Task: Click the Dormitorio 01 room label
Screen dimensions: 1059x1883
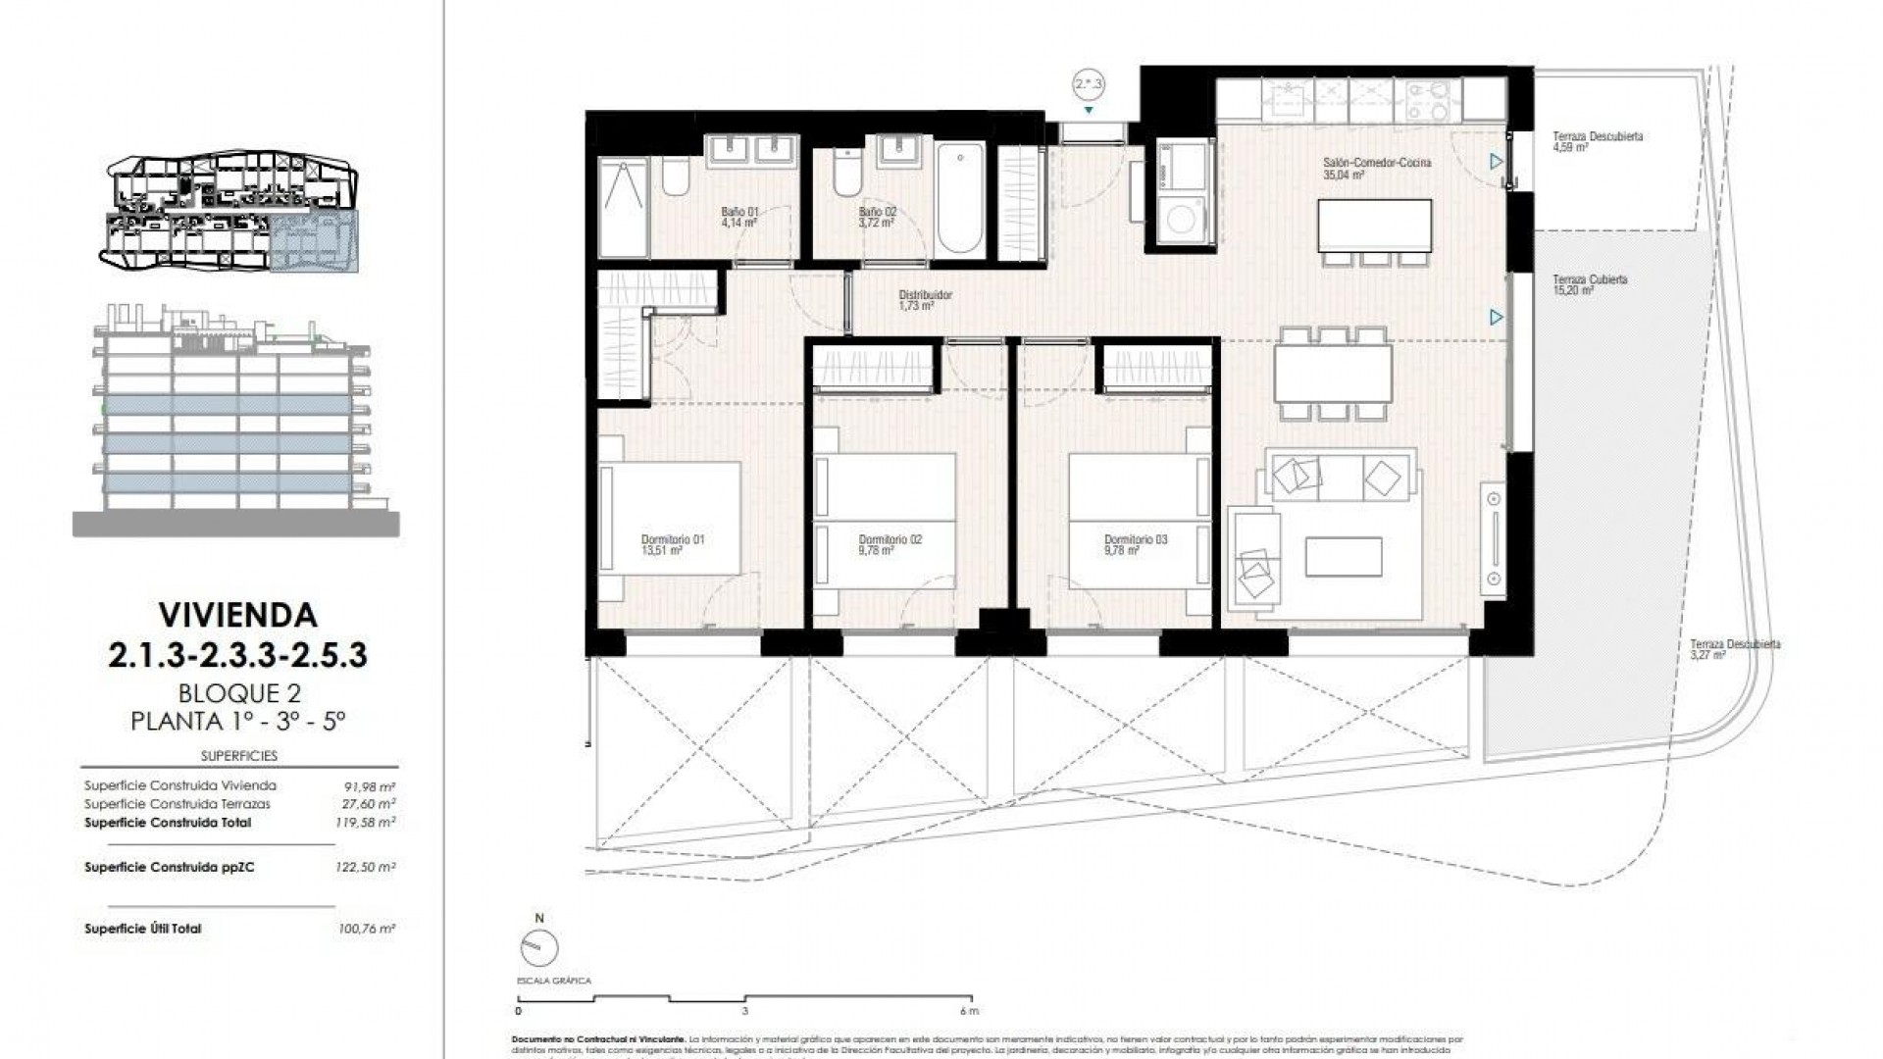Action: click(672, 544)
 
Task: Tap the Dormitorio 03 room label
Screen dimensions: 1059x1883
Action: click(1135, 544)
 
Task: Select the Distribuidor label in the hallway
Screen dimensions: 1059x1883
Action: click(925, 299)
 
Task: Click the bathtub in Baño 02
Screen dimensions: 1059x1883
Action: click(958, 200)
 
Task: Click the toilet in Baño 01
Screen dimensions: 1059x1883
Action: click(675, 178)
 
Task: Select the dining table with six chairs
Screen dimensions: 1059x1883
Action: click(1333, 374)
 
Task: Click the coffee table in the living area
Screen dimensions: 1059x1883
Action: click(1343, 556)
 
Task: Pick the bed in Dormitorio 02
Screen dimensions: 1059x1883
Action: click(885, 520)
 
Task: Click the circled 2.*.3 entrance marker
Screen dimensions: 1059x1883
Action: click(1089, 85)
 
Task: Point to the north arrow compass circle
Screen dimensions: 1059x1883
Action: click(539, 949)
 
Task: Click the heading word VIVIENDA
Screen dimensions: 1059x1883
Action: click(238, 616)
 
